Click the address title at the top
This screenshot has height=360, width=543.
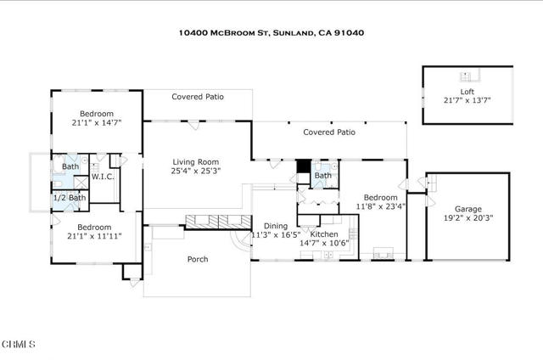pyautogui.click(x=271, y=33)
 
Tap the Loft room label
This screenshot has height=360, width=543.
pyautogui.click(x=467, y=91)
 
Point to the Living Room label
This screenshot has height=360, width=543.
pyautogui.click(x=196, y=161)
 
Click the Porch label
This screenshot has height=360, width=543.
pyautogui.click(x=197, y=260)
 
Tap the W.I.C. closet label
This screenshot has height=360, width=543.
pyautogui.click(x=103, y=177)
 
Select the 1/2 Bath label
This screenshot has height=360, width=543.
pyautogui.click(x=70, y=198)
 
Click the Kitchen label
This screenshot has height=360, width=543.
pyautogui.click(x=324, y=233)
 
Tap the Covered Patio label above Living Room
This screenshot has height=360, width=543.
pyautogui.click(x=197, y=97)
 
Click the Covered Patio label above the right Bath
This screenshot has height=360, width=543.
pyautogui.click(x=329, y=132)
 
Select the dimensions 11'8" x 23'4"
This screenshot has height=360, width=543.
pyautogui.click(x=379, y=205)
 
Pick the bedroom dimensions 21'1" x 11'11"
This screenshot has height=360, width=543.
pyautogui.click(x=94, y=238)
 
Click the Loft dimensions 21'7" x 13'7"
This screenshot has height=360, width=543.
pyautogui.click(x=467, y=100)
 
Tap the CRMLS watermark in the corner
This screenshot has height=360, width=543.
pyautogui.click(x=19, y=344)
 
